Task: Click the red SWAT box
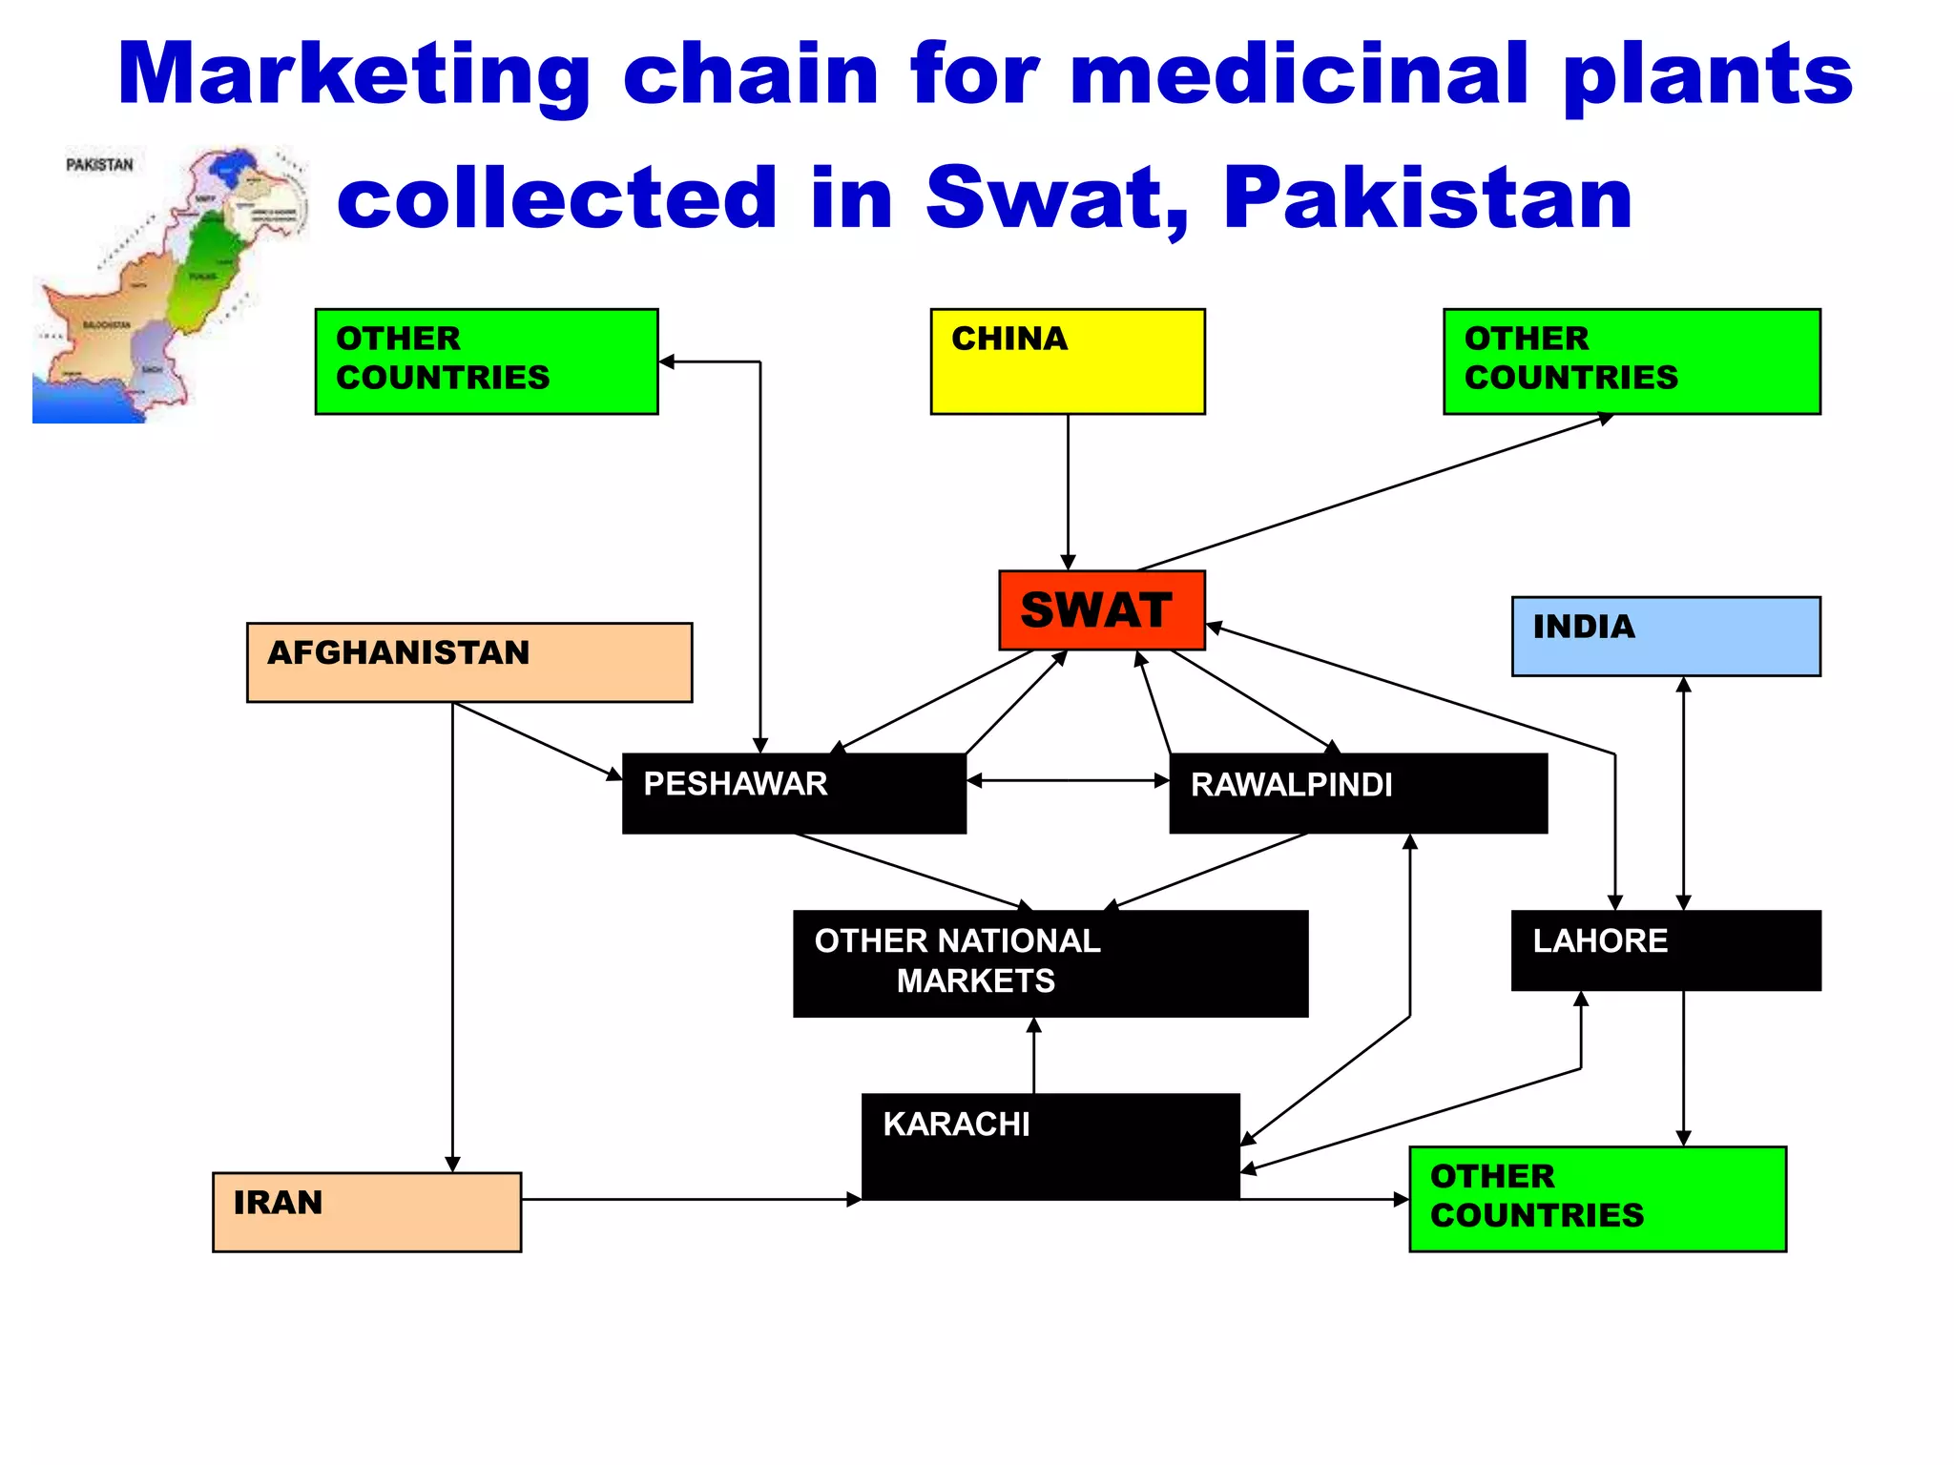1101,610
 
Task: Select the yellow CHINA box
1067,361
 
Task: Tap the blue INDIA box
1665,636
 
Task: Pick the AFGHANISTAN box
468,663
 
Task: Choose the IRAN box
366,1211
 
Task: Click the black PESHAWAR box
793,794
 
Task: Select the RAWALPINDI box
1357,794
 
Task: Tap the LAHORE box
1665,950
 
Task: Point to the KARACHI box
1050,1145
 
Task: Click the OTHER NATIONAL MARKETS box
1050,963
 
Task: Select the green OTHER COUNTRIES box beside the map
486,361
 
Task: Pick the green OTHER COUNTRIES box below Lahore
1596,1199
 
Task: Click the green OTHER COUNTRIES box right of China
1631,361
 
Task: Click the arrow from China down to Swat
1068,491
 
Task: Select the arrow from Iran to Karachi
691,1200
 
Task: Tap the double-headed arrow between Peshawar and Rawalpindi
1068,780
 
